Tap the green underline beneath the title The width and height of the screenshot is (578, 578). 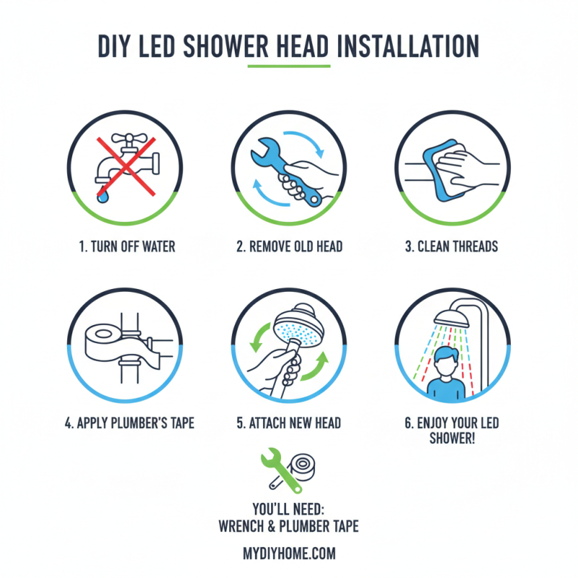[288, 66]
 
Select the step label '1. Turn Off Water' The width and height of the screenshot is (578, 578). [126, 246]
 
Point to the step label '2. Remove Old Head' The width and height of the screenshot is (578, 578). [289, 246]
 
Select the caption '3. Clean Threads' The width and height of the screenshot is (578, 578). [451, 246]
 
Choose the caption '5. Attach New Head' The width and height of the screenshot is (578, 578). [289, 422]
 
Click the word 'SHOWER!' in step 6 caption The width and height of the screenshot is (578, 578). [452, 439]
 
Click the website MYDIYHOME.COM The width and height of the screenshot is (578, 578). [289, 553]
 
